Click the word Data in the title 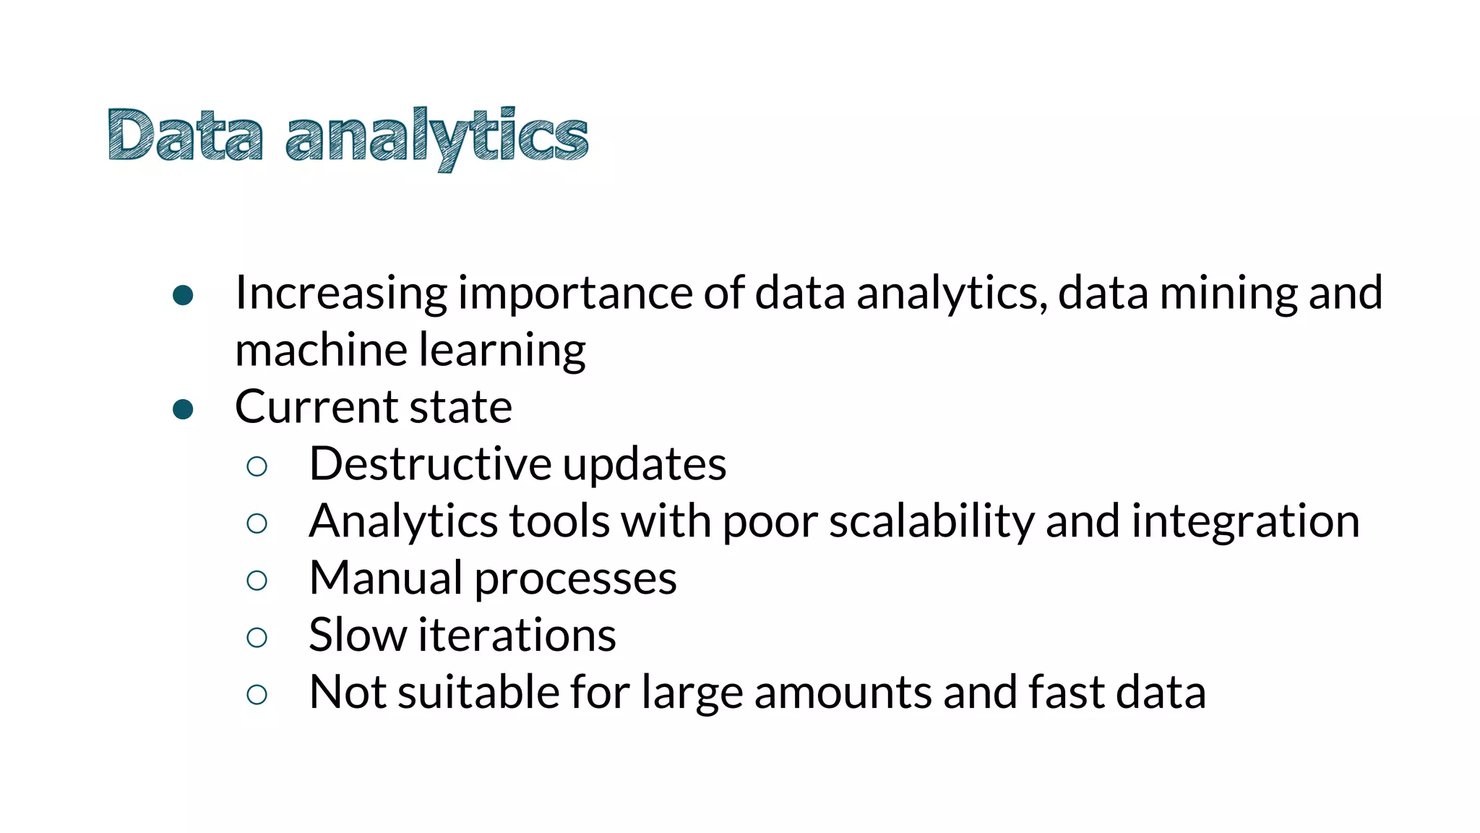point(185,135)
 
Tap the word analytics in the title point(437,137)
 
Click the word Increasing point(340,294)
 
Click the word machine point(321,350)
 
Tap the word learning point(502,351)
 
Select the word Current point(316,407)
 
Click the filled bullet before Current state point(184,409)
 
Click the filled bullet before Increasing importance point(184,295)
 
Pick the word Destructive point(430,464)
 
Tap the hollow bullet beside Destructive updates point(257,466)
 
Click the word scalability point(932,521)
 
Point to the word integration point(1245,521)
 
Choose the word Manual point(386,578)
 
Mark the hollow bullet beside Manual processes point(257,581)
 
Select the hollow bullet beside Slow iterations point(257,638)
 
